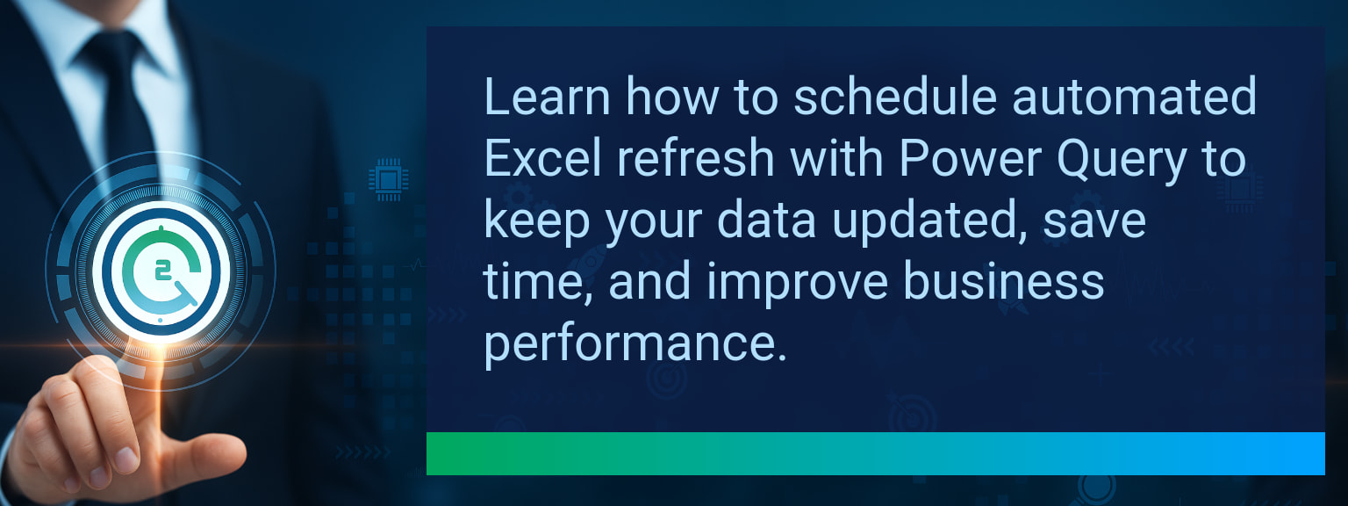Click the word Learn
tap(547, 97)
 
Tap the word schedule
tap(895, 97)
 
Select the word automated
tap(1135, 97)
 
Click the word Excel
tap(543, 158)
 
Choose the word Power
tap(971, 158)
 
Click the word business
tap(1004, 281)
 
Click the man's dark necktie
tap(124, 103)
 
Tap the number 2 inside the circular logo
tap(161, 271)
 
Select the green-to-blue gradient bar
tap(876, 453)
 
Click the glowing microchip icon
tap(388, 179)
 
